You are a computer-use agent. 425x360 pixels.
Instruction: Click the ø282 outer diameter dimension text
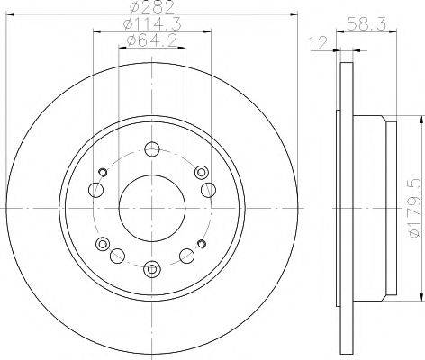point(151,10)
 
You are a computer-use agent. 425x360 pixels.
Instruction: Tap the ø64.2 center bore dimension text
point(151,41)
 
